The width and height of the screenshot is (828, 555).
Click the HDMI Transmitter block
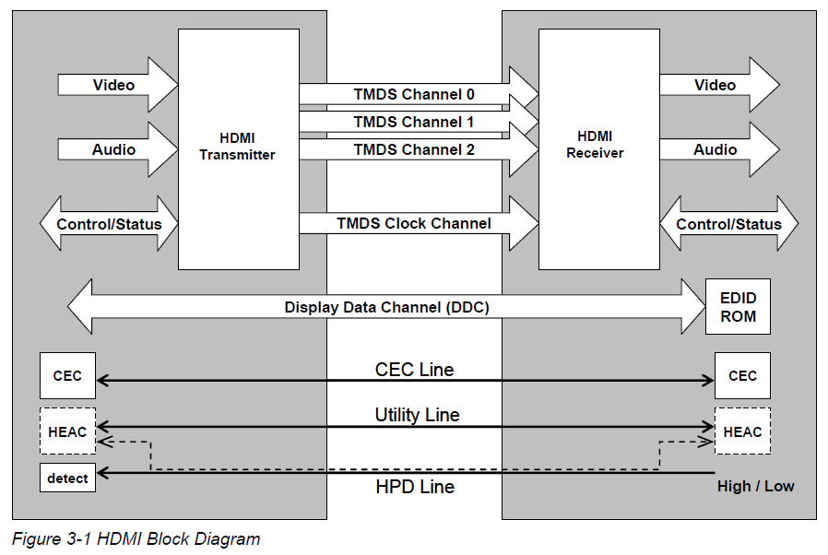pyautogui.click(x=238, y=148)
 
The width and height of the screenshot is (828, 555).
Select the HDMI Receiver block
pyautogui.click(x=598, y=148)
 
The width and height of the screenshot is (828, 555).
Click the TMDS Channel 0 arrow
pyautogui.click(x=414, y=94)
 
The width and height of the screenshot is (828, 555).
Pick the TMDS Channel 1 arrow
pyautogui.click(x=414, y=122)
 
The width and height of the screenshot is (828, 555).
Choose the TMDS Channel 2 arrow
pyautogui.click(x=414, y=148)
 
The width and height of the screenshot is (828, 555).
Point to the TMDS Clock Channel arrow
pyautogui.click(x=414, y=223)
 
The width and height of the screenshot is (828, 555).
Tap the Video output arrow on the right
pyautogui.click(x=716, y=86)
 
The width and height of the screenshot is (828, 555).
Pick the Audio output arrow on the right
pyautogui.click(x=716, y=149)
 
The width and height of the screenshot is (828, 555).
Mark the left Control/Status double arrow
pyautogui.click(x=109, y=224)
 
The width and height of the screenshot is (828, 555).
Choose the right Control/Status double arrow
pyautogui.click(x=728, y=224)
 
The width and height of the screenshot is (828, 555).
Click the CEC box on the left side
pyautogui.click(x=67, y=376)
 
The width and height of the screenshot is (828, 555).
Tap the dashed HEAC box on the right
pyautogui.click(x=742, y=431)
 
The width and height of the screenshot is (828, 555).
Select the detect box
pyautogui.click(x=67, y=478)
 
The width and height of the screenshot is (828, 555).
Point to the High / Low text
pyautogui.click(x=755, y=486)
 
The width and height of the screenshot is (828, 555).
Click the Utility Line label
pyautogui.click(x=417, y=415)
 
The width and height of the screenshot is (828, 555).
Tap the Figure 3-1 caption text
pyautogui.click(x=136, y=538)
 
